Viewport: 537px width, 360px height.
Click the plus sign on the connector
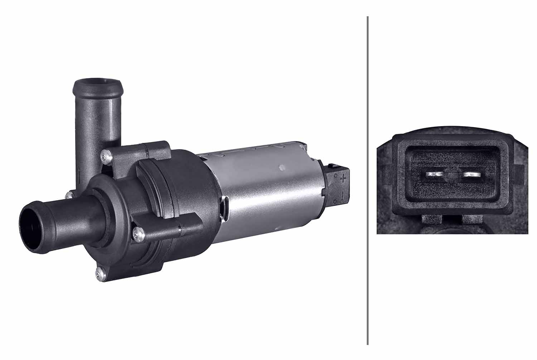click(x=343, y=178)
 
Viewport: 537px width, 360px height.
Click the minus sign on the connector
click(x=343, y=196)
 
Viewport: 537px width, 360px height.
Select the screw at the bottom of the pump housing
click(x=100, y=274)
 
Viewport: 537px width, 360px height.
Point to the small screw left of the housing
click(x=69, y=195)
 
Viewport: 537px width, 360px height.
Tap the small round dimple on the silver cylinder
click(x=281, y=167)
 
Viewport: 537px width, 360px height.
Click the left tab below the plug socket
click(x=432, y=220)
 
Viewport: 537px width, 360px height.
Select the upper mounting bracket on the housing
click(x=154, y=149)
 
